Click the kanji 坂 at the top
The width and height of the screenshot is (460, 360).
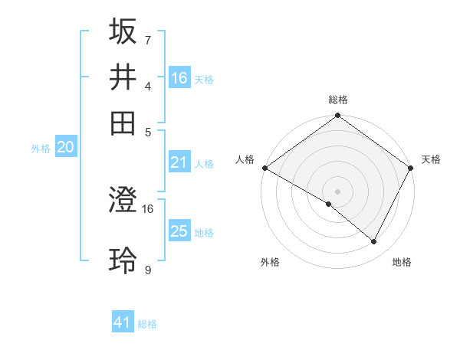[123, 31]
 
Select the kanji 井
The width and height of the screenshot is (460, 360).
[123, 77]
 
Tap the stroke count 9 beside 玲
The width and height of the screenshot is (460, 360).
[147, 269]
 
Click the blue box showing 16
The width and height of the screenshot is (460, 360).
[179, 77]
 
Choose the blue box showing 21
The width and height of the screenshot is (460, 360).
[179, 162]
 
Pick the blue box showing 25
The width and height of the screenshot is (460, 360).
[179, 231]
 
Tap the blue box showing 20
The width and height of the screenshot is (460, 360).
[65, 147]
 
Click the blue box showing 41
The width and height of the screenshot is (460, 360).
[123, 322]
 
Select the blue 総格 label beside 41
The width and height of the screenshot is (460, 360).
[147, 324]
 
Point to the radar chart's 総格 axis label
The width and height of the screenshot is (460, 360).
[338, 100]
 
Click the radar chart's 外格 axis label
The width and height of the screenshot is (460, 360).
[270, 262]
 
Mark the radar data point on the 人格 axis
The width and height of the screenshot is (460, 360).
[264, 168]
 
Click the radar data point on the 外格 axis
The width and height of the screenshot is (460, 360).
[329, 205]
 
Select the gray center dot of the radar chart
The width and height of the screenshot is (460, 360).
[338, 190]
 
